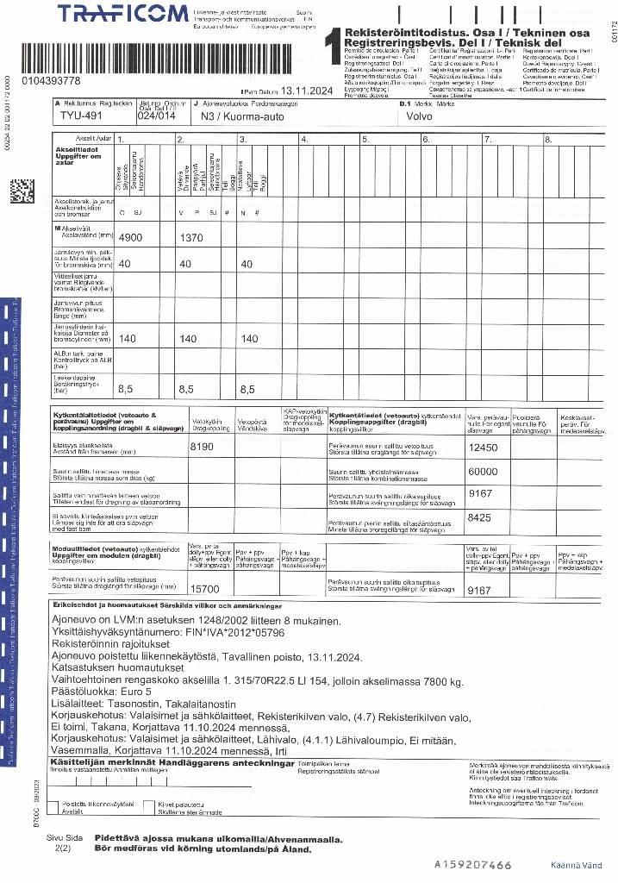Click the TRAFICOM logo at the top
click(x=122, y=13)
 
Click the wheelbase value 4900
click(x=134, y=236)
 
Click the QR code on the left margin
click(x=22, y=191)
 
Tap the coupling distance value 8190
click(x=206, y=447)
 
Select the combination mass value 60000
click(x=483, y=472)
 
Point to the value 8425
click(x=479, y=517)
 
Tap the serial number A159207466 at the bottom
click(x=473, y=864)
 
